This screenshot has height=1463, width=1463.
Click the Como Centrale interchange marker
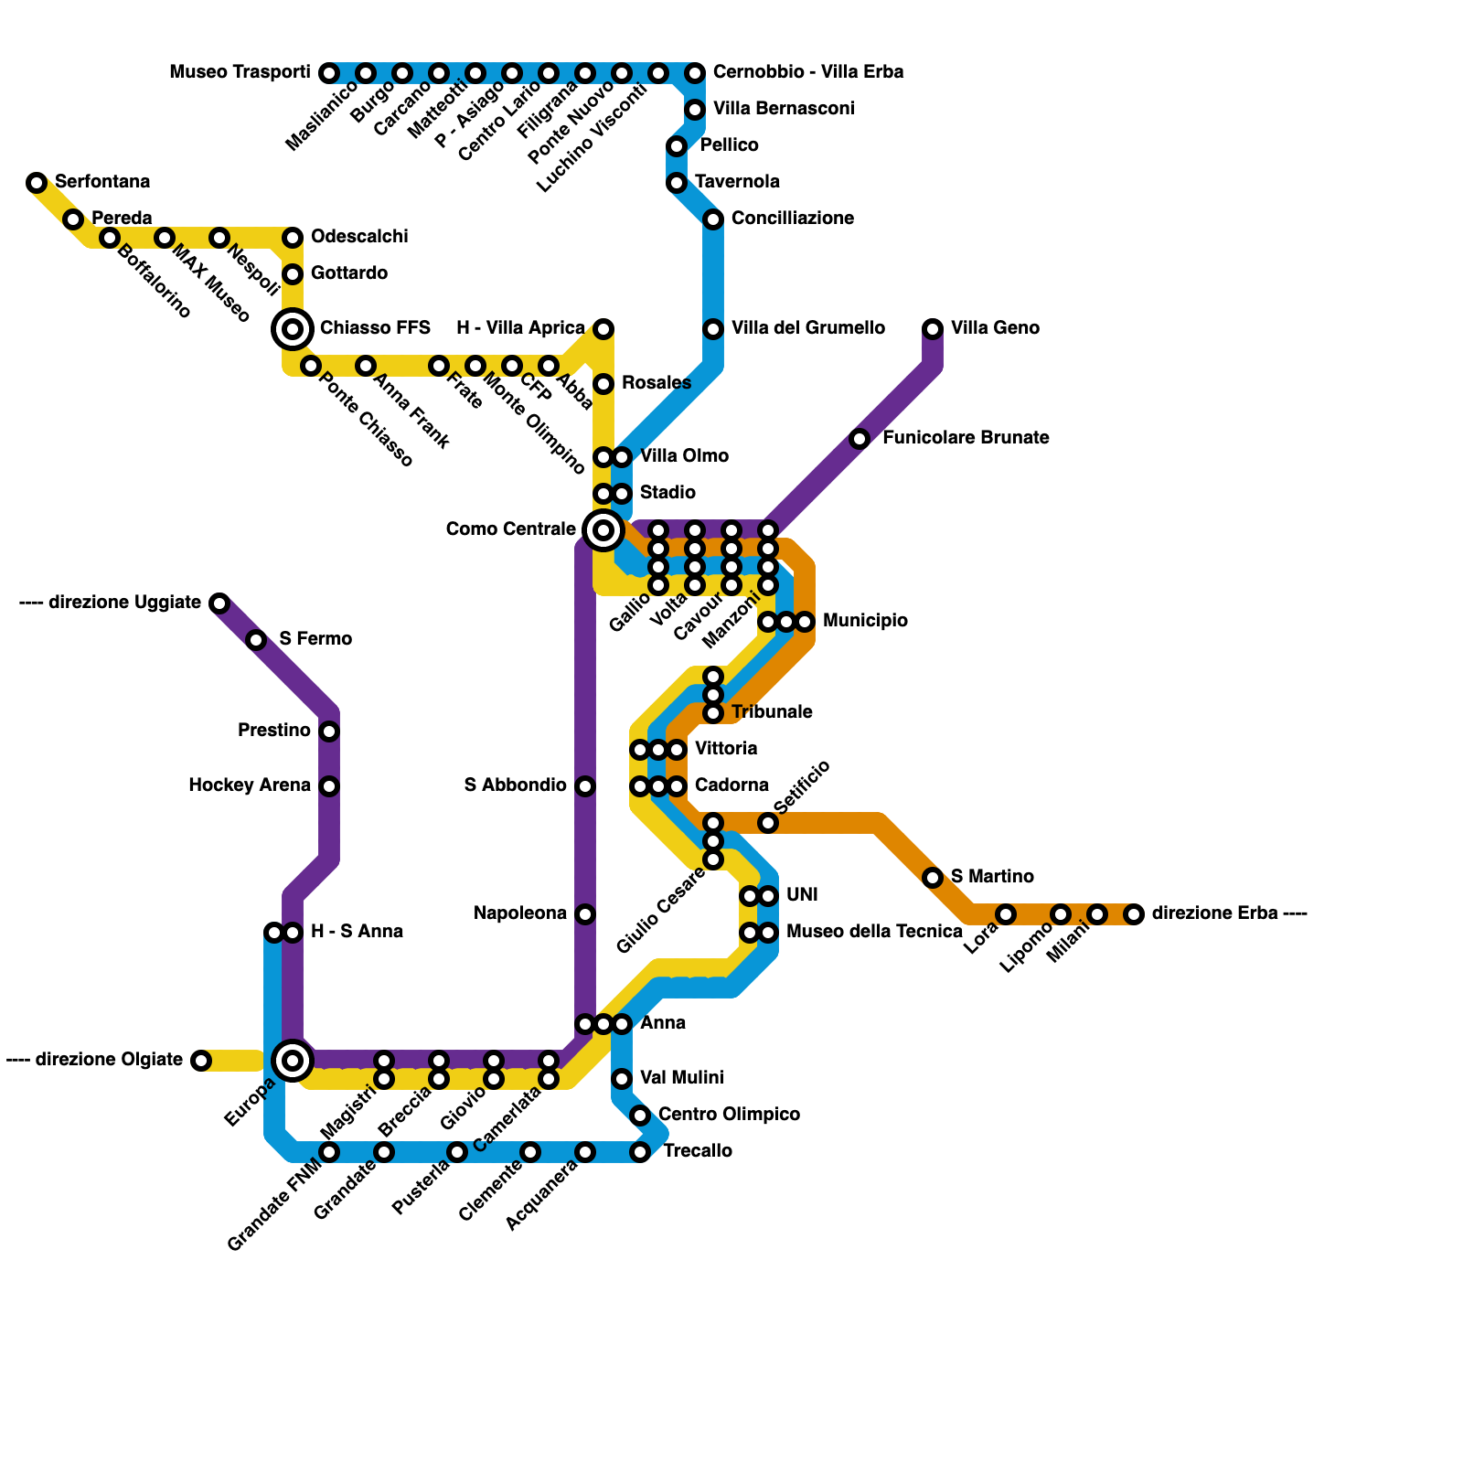coord(603,530)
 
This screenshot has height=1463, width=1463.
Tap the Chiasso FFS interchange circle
coord(293,329)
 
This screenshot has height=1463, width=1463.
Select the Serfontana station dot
coord(37,183)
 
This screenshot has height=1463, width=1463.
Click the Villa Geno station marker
coord(933,329)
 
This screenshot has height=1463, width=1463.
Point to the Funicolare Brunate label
coord(966,438)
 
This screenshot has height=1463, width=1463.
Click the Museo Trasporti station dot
coord(329,73)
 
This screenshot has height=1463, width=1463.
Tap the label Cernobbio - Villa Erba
coord(808,72)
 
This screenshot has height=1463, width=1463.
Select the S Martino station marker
coord(933,878)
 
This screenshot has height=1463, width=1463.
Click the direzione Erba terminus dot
coord(1134,914)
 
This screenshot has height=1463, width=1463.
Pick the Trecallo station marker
coord(640,1152)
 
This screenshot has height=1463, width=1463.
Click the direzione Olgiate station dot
coord(201,1061)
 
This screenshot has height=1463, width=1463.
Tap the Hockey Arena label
coord(250,785)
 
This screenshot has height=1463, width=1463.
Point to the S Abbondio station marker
coord(585,786)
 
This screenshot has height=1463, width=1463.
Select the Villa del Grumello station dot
coord(713,329)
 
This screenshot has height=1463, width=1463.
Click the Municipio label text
coord(865,621)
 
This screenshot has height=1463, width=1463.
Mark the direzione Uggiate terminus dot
coord(219,603)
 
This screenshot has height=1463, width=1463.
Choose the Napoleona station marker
coord(585,914)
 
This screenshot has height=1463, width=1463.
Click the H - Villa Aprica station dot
coord(603,329)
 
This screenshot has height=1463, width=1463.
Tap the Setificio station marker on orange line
coord(768,824)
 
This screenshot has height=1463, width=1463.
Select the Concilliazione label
coord(793,219)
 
